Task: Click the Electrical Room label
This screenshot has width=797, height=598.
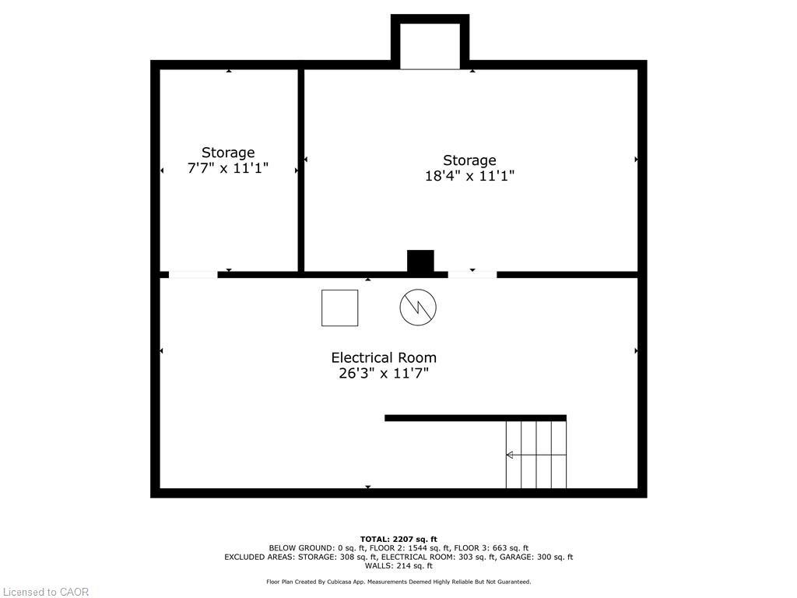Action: coord(384,357)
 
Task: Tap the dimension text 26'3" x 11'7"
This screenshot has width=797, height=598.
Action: coord(384,374)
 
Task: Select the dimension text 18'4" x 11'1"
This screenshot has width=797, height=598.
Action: coord(469,176)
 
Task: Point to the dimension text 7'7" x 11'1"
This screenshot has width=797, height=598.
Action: coord(228,167)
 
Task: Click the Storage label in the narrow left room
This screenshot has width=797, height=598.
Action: coord(228,153)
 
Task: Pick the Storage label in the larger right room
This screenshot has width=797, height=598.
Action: coord(469,160)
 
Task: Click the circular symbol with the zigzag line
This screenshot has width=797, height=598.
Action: coord(418,308)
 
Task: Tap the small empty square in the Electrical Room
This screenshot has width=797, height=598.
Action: coord(340,308)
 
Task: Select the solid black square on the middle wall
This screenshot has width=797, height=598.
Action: coord(420,261)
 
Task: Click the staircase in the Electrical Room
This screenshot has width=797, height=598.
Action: coord(536,455)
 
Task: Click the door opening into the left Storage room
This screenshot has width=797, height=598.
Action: coord(193,274)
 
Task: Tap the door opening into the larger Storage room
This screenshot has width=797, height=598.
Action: coord(472,274)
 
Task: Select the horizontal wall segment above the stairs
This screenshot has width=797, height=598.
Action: coord(475,418)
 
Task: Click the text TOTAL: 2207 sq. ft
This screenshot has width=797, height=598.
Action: coord(398,539)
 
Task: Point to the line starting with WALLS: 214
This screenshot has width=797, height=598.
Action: coord(398,566)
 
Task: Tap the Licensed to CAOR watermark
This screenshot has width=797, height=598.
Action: coord(45,592)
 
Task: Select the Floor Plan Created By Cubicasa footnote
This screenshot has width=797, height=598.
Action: coord(398,582)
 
